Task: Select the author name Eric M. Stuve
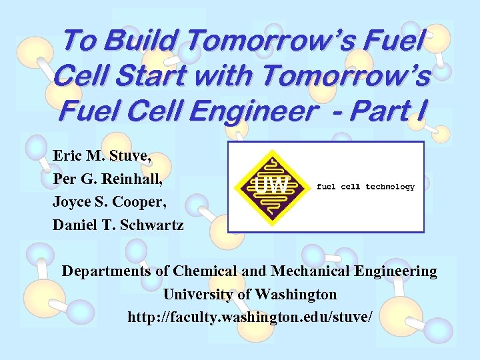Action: pyautogui.click(x=103, y=157)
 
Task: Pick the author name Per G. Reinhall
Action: pyautogui.click(x=107, y=180)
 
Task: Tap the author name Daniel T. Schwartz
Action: pyautogui.click(x=118, y=225)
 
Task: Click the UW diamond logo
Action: pyautogui.click(x=271, y=187)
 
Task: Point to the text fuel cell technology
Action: pyautogui.click(x=365, y=187)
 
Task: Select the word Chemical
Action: pyautogui.click(x=205, y=271)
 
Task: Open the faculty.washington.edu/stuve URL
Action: pyautogui.click(x=250, y=317)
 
